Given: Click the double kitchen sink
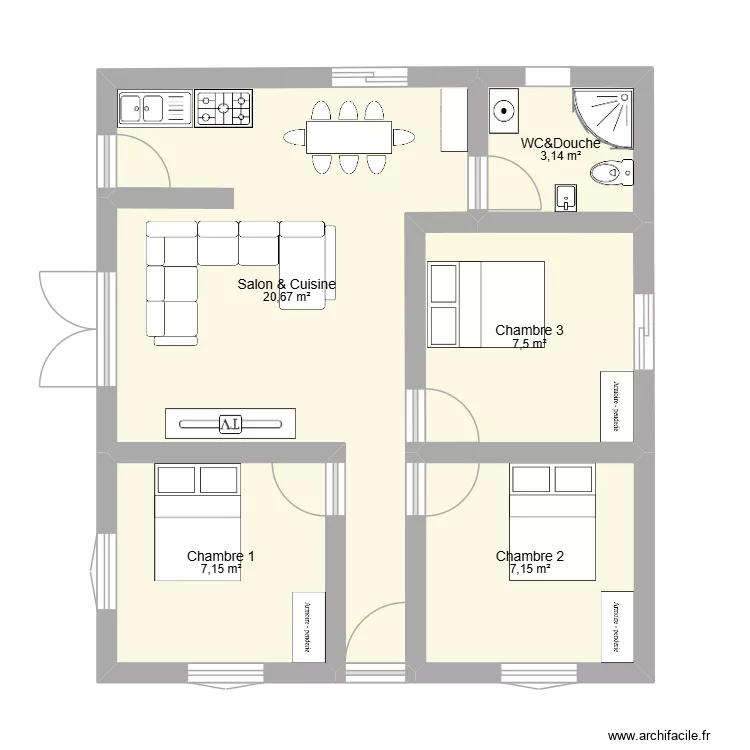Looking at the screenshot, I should [154, 108].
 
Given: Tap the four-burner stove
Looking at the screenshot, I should [223, 108].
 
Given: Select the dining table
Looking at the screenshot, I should [347, 137].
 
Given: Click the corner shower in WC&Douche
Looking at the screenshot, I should [603, 117].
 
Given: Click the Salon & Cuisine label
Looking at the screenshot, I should [286, 285].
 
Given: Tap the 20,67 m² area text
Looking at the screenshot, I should [286, 297].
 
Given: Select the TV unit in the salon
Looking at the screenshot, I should [230, 424].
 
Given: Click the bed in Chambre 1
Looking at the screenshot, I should [197, 522].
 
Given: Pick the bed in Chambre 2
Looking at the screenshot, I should [553, 522].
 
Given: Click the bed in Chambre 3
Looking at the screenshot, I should [486, 304].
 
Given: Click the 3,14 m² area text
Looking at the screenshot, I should [561, 156].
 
